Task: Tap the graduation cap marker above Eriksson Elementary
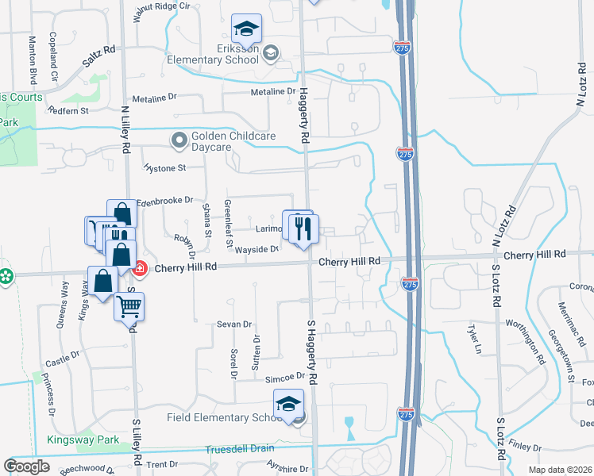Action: [246, 29]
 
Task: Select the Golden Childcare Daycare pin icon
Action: [179, 140]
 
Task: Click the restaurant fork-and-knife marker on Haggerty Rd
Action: [303, 229]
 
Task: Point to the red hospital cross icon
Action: [140, 269]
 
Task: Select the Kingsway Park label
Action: [81, 440]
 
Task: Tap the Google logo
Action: [26, 466]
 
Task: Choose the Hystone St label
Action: [164, 168]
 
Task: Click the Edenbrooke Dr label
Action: [165, 201]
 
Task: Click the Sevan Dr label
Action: [235, 324]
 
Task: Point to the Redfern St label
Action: [68, 111]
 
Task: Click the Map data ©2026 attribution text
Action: [561, 470]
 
